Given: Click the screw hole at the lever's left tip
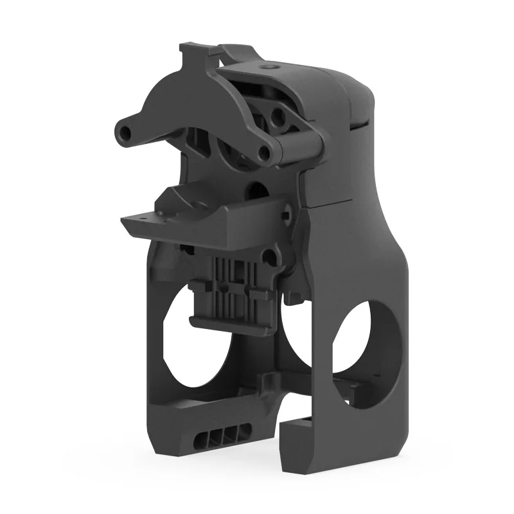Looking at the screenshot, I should (x=124, y=132).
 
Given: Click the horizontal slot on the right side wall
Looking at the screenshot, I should (x=361, y=126).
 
